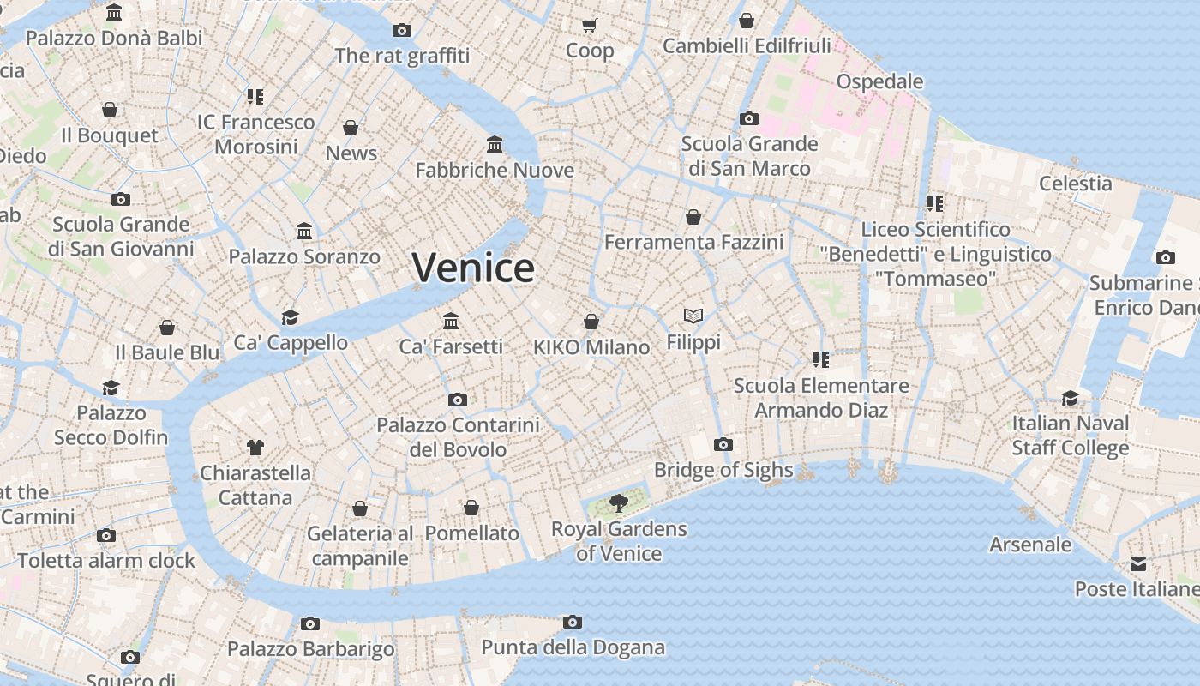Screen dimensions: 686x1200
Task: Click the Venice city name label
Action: [x=473, y=268]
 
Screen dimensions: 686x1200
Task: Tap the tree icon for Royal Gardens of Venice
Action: [x=617, y=503]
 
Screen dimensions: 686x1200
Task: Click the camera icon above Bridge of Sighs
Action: [x=723, y=444]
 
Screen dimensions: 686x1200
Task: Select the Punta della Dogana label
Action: [x=573, y=647]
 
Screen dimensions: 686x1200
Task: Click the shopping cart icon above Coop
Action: [x=589, y=25]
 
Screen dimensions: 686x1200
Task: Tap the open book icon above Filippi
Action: [x=693, y=316]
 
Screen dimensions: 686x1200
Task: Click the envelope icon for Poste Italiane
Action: [x=1137, y=564]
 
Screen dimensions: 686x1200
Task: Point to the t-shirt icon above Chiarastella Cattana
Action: [x=255, y=447]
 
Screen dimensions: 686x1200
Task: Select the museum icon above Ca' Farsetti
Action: [x=451, y=321]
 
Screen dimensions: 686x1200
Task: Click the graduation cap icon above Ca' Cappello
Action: [x=291, y=317]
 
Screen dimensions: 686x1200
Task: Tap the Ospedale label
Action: [x=879, y=81]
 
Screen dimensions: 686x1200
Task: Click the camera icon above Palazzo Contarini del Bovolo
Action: [x=458, y=400]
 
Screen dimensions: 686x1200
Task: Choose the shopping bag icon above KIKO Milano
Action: [x=591, y=322]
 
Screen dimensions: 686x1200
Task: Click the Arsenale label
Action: [x=1030, y=545]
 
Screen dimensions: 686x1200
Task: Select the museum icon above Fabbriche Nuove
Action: [x=495, y=144]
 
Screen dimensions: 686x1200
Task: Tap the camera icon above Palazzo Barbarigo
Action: [x=310, y=623]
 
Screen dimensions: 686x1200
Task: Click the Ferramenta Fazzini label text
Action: [x=693, y=243]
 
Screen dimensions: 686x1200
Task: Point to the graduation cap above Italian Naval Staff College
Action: [x=1070, y=398]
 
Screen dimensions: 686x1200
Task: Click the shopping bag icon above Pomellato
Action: [x=471, y=508]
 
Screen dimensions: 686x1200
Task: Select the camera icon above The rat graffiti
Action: [x=402, y=31]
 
